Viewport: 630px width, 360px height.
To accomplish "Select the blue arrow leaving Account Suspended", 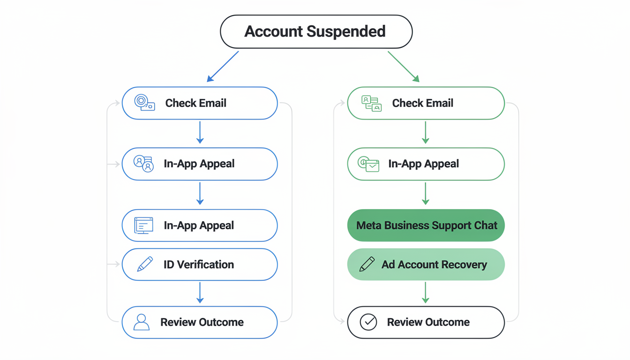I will coord(223,66).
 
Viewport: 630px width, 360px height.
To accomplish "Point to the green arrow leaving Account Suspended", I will coord(403,66).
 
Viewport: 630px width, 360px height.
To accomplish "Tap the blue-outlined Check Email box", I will coord(200,103).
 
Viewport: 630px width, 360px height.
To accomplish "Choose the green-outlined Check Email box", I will coord(426,103).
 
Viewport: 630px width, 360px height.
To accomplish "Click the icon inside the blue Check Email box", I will coord(144,103).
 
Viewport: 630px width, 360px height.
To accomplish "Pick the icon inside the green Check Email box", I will coord(371,103).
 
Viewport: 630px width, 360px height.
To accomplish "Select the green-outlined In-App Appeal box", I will coord(426,164).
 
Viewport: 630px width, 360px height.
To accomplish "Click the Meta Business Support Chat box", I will coord(426,225).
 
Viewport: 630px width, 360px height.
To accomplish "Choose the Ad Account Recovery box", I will coord(426,264).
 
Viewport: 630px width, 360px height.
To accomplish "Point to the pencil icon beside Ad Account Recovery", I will coord(367,264).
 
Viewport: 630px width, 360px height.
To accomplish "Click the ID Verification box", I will coord(200,264).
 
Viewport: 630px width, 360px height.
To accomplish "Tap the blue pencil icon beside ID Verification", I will coord(145,264).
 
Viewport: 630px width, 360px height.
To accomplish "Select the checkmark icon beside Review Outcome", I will coord(368,322).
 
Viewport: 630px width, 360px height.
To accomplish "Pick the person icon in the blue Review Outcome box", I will coord(141,322).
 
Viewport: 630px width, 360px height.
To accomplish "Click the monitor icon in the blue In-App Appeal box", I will coord(143,225).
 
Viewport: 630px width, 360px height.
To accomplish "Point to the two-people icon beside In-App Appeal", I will coord(143,164).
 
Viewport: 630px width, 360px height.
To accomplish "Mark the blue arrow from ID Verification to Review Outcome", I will coord(200,293).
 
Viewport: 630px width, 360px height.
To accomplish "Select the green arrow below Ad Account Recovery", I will coord(426,293).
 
